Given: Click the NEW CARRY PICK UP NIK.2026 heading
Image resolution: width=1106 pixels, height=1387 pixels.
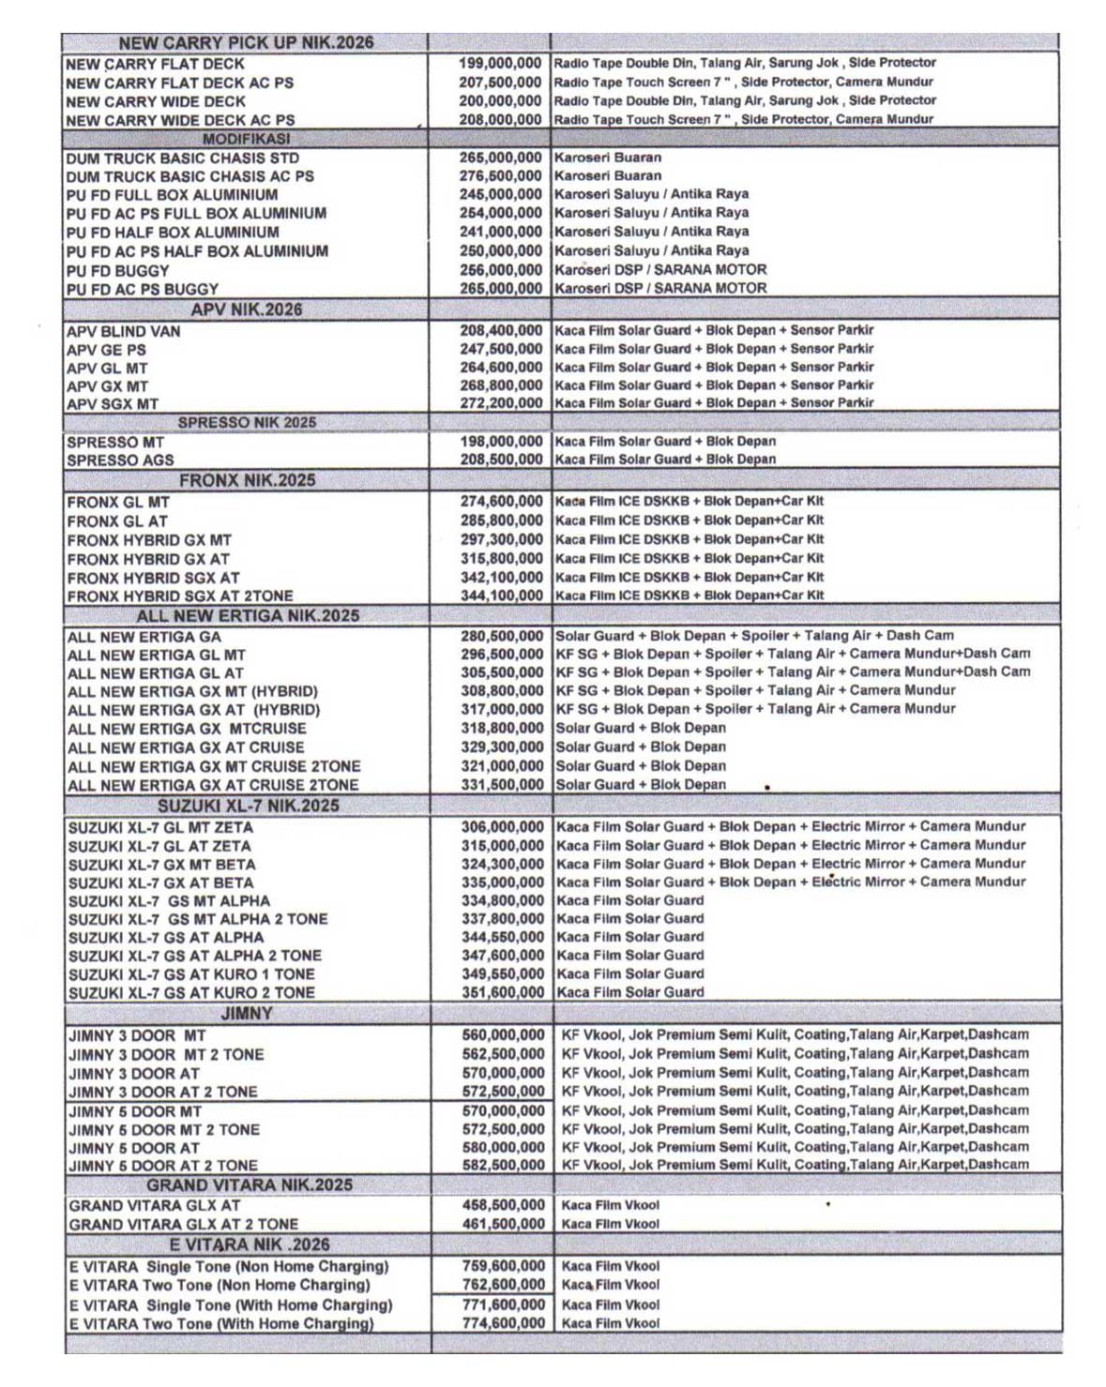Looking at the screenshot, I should (x=246, y=42).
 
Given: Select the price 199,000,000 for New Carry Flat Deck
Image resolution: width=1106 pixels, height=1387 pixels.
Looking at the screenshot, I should (x=499, y=63).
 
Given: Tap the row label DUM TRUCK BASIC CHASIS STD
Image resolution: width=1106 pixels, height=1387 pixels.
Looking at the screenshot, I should (x=182, y=158).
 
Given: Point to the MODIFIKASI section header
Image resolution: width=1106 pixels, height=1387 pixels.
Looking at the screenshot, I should (x=246, y=139).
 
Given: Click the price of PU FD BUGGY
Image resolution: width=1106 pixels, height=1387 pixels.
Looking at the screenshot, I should (x=500, y=270).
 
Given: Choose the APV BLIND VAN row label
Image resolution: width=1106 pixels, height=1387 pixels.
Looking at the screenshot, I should (x=123, y=331).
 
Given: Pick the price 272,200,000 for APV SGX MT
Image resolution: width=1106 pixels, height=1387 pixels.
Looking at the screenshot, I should (x=501, y=403).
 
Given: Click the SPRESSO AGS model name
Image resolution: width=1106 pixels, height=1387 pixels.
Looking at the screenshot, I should (x=120, y=460).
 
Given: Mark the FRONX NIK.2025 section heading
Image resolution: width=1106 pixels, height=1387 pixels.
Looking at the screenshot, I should (x=247, y=480).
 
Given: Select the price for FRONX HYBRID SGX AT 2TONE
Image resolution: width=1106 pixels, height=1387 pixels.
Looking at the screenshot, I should (x=501, y=596).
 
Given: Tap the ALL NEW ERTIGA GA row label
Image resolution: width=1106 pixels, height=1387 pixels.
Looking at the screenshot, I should (x=144, y=637).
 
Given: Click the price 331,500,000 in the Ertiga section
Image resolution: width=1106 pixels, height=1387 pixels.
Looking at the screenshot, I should (x=502, y=785).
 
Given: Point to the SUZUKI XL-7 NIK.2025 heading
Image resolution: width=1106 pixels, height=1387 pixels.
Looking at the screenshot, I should (x=248, y=806).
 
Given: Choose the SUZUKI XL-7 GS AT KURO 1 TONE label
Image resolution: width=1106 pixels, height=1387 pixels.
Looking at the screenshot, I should (x=190, y=974).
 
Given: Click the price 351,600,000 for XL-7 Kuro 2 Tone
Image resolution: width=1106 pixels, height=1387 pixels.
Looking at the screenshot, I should (x=502, y=992).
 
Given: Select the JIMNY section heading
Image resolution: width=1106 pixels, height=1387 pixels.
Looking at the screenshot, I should (x=247, y=1014).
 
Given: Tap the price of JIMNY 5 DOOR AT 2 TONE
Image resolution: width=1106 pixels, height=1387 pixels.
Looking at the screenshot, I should (x=503, y=1165).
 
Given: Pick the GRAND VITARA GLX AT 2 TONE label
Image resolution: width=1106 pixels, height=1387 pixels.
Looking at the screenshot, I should (x=183, y=1224).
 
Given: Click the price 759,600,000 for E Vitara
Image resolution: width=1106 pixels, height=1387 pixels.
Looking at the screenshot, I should (x=503, y=1266).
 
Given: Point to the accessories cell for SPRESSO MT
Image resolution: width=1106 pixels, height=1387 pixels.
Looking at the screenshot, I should (x=665, y=442).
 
